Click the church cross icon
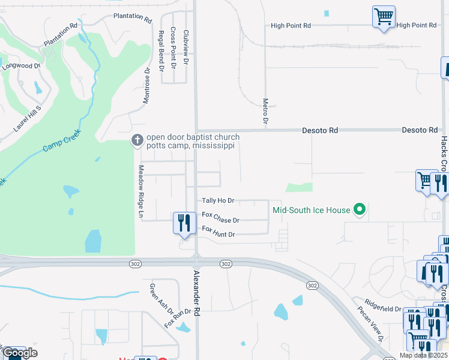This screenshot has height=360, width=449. tap(137, 140)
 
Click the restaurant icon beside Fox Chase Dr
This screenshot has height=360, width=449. tap(184, 223)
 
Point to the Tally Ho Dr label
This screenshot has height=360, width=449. tap(218, 201)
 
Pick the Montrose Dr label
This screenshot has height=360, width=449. tap(146, 86)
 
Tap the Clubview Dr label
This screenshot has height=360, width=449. tap(186, 47)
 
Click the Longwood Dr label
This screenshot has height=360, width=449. tap(20, 66)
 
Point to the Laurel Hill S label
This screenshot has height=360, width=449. tap(26, 118)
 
